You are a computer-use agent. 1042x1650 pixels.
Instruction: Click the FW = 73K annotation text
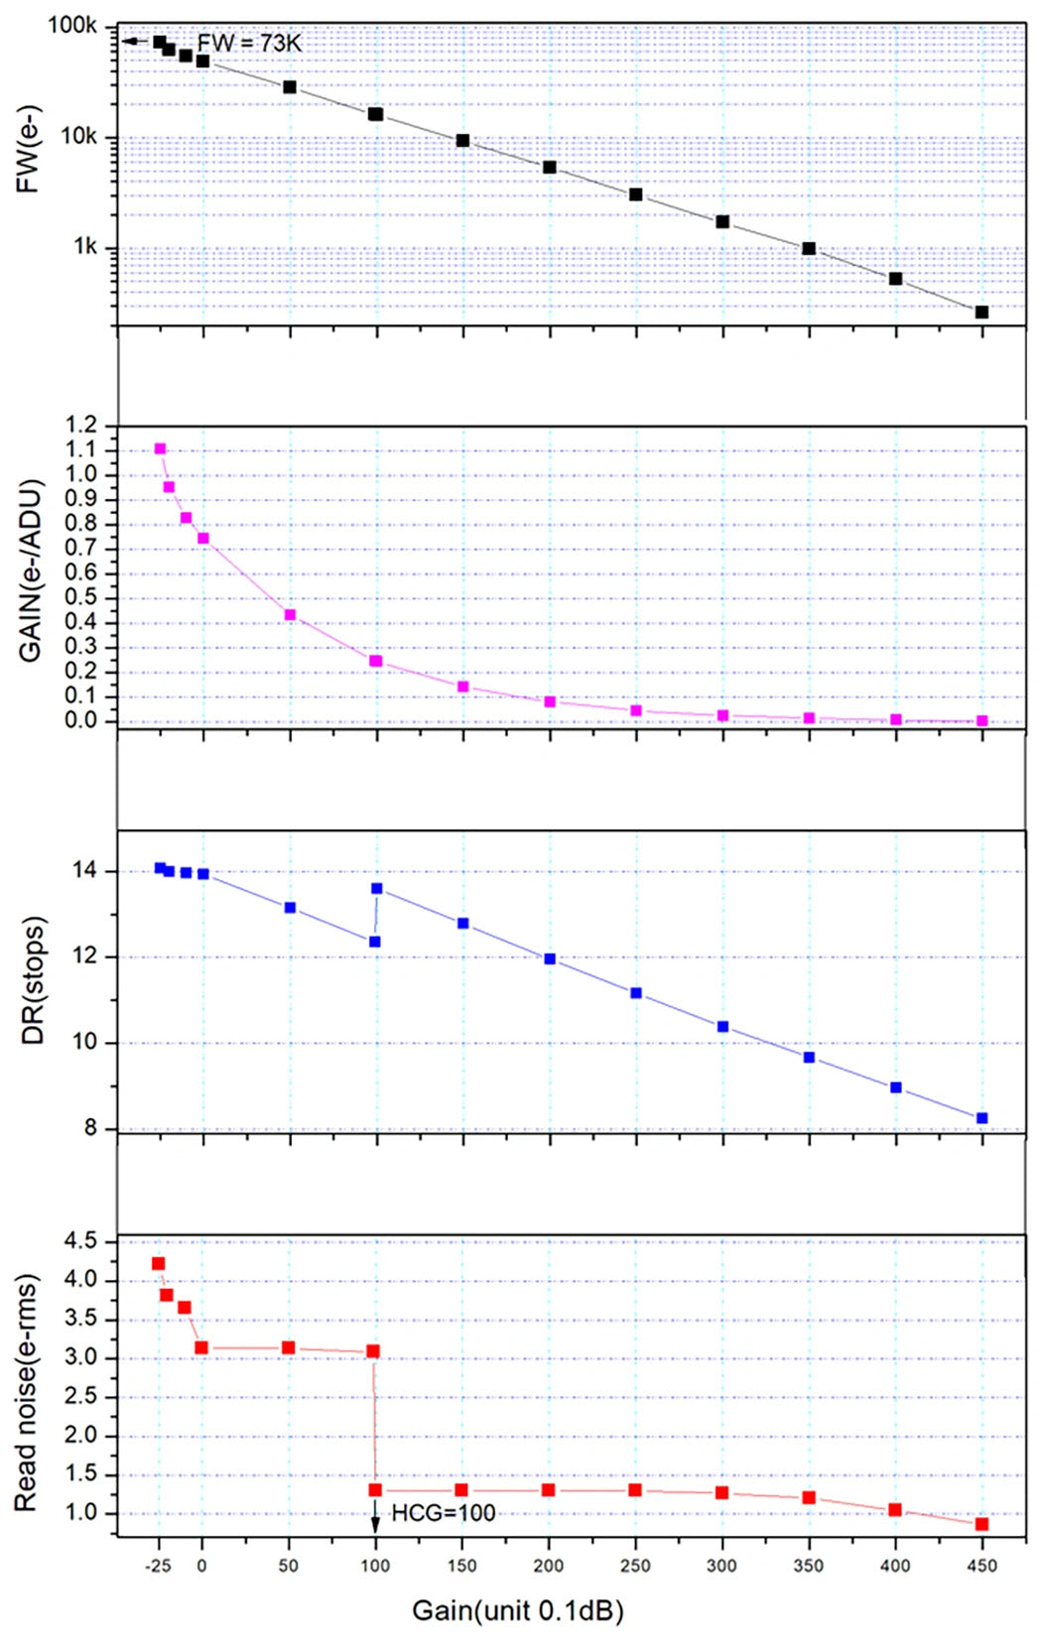(x=248, y=43)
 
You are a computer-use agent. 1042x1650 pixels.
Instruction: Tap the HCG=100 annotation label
(x=443, y=1513)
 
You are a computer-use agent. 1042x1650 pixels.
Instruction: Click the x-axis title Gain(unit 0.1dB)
(x=518, y=1609)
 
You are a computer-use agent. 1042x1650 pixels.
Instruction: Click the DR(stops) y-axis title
(x=33, y=980)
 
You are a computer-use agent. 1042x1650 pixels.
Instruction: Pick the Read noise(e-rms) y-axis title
(x=26, y=1392)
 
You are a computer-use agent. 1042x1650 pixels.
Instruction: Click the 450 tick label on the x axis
(x=982, y=1566)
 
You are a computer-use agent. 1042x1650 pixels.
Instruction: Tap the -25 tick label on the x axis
(x=157, y=1566)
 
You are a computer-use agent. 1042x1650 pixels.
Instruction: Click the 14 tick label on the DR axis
(x=85, y=871)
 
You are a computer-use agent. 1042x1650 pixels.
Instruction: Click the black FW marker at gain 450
(x=981, y=313)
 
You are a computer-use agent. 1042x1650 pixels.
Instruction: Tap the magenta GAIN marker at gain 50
(x=290, y=615)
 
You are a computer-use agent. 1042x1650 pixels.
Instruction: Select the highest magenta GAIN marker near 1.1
(x=160, y=448)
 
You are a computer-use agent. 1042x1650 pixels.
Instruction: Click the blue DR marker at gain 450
(x=982, y=1118)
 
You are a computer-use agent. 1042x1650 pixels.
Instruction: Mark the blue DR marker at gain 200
(x=550, y=959)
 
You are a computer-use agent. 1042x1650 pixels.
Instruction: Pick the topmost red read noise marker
(x=158, y=1264)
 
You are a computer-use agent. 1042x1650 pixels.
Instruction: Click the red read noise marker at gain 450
(x=981, y=1524)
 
